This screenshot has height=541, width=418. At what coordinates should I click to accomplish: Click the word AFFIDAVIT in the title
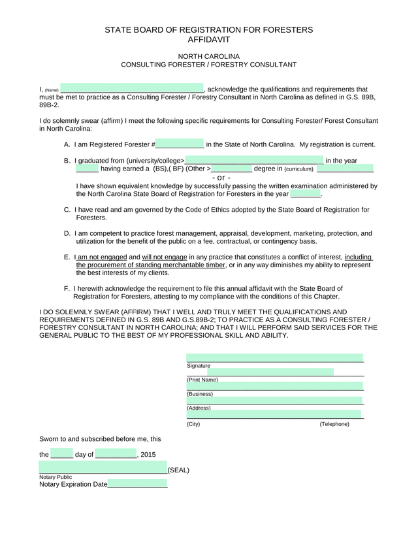tap(209, 39)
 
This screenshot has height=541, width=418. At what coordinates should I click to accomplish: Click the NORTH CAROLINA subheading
tap(209, 56)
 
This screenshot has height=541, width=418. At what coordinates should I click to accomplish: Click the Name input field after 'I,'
tap(132, 89)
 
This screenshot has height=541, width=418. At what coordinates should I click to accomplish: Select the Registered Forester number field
tap(180, 144)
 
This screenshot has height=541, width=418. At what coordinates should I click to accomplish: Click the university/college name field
tap(254, 161)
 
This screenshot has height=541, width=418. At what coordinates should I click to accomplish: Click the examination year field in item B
tap(305, 193)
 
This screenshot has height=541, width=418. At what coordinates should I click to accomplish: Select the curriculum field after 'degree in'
tap(345, 169)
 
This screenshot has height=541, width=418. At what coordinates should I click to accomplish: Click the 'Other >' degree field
tap(231, 169)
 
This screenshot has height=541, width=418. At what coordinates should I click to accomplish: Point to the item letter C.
tap(67, 210)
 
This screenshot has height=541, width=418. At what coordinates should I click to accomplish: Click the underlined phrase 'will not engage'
tap(165, 257)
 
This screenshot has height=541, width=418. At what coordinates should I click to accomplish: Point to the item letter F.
tap(67, 288)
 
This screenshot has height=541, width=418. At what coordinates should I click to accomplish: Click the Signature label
tap(199, 366)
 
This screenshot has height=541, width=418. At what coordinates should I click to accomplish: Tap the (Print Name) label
tap(202, 380)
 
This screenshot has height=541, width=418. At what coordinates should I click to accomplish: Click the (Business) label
tap(200, 394)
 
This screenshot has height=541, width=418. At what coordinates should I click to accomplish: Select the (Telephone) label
tap(334, 424)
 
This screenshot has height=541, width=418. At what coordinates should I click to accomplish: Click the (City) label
tap(193, 424)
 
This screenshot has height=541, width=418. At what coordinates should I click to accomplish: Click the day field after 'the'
tap(61, 454)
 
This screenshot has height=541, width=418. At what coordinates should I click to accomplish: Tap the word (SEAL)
tap(178, 470)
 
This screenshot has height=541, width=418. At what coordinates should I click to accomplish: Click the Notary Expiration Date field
tap(137, 484)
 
